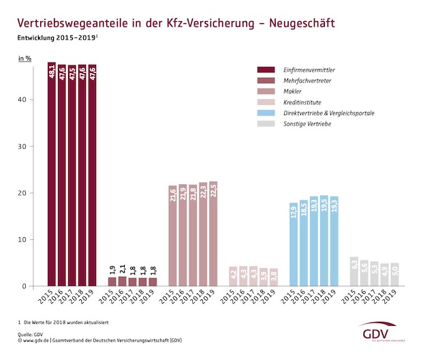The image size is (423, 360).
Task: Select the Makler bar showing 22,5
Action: coord(213,234)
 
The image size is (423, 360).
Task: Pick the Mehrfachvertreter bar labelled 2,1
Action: coord(123,281)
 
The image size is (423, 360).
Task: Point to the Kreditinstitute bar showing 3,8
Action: coord(274,277)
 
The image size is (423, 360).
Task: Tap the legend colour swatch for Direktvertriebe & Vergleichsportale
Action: coord(266,112)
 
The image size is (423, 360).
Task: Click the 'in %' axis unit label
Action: coord(25,59)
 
